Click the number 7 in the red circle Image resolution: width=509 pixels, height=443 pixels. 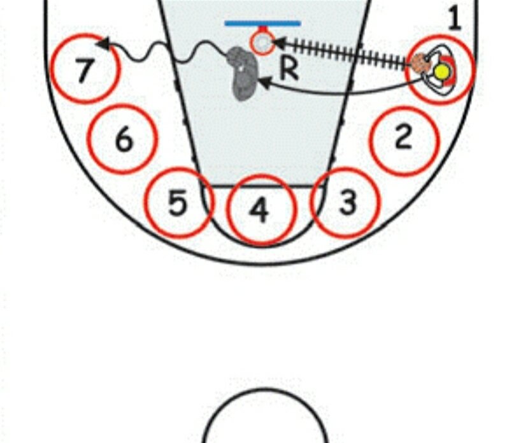[83, 70]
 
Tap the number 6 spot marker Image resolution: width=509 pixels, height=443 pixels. [123, 138]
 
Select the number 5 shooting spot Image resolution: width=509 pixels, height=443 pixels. [178, 203]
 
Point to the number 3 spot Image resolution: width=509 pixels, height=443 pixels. [347, 203]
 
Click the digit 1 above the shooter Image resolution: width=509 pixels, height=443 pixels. [454, 19]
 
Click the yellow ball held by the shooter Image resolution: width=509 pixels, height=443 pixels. [441, 71]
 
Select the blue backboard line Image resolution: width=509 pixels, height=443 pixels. [262, 24]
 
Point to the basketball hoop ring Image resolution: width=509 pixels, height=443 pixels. [261, 42]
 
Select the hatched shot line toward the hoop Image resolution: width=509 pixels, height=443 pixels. [341, 54]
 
